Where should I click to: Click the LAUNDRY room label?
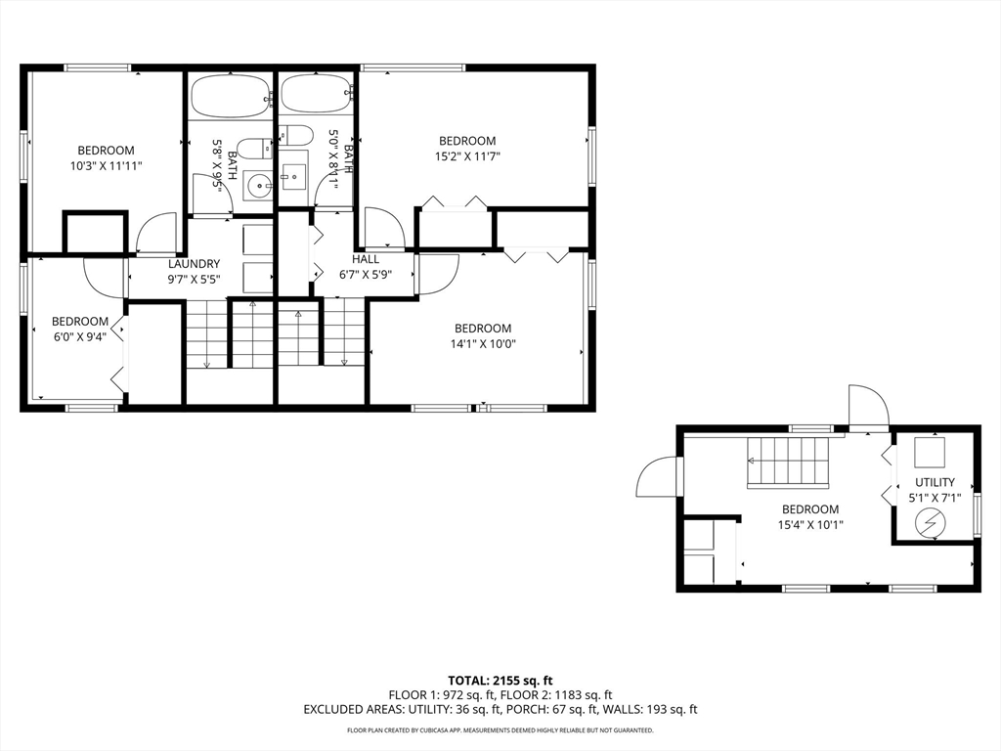pos(195,264)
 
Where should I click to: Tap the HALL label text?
pos(366,259)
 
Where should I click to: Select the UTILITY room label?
pos(936,482)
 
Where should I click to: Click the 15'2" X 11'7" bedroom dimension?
pos(467,156)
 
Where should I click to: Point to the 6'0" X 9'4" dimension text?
pos(80,337)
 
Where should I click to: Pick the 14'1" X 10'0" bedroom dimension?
pos(483,344)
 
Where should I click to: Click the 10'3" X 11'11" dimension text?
pos(106,166)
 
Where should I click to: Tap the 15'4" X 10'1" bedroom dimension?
pos(810,525)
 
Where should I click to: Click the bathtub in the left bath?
pos(230,97)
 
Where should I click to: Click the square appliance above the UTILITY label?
pos(930,452)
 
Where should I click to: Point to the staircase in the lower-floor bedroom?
pos(789,463)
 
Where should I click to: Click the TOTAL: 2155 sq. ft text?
pos(495,681)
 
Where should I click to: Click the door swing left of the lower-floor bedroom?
pos(657,476)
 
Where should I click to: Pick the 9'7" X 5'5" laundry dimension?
pos(195,279)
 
